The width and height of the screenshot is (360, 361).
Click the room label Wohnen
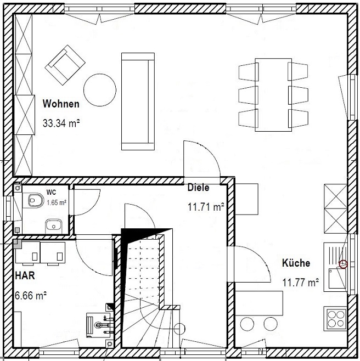(x=61, y=104)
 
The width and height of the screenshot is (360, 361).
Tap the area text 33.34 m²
(x=61, y=123)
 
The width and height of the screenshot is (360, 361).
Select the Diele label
(x=199, y=188)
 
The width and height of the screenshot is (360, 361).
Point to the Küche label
(x=296, y=263)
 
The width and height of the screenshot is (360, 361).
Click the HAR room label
(x=25, y=275)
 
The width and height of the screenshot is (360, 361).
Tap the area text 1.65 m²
(x=57, y=203)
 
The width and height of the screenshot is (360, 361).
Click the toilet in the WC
(x=36, y=200)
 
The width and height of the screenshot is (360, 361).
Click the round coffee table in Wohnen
(x=100, y=90)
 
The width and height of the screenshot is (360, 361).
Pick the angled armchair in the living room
(x=65, y=65)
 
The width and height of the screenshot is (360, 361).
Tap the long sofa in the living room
(x=138, y=101)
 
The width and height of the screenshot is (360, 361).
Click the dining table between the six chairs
(x=273, y=95)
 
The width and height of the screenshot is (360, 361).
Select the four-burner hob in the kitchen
(x=336, y=319)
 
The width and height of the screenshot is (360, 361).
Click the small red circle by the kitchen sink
(x=343, y=264)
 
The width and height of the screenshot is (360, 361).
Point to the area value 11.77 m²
(x=301, y=282)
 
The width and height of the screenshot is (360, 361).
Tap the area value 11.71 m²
(x=206, y=207)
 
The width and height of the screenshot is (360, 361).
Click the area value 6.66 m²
(x=31, y=295)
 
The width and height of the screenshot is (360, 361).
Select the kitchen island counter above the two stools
(x=259, y=303)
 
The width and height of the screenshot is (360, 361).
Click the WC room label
(x=51, y=192)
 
